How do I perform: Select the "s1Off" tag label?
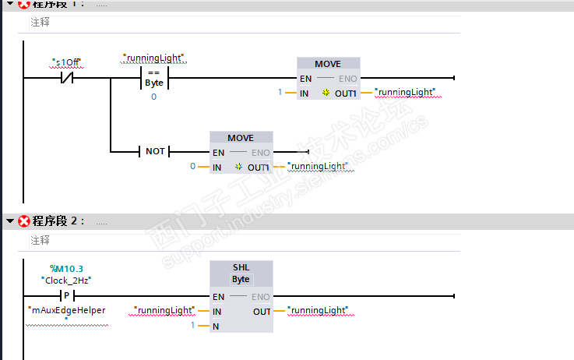tap(66, 62)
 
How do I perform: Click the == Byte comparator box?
tap(153, 78)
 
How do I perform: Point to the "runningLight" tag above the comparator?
tap(158, 58)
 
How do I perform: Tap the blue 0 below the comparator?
tap(153, 97)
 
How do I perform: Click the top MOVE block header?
tap(328, 64)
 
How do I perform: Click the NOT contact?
tap(154, 151)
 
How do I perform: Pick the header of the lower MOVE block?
tap(241, 138)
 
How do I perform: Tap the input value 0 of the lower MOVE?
tap(192, 167)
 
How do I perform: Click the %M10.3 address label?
tap(66, 269)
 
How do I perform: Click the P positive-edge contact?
tap(66, 296)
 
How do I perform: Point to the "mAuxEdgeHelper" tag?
tap(67, 310)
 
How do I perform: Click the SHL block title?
tap(241, 268)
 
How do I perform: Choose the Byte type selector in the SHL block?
tap(241, 279)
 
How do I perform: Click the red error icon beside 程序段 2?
tap(24, 221)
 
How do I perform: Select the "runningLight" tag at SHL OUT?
tap(319, 310)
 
